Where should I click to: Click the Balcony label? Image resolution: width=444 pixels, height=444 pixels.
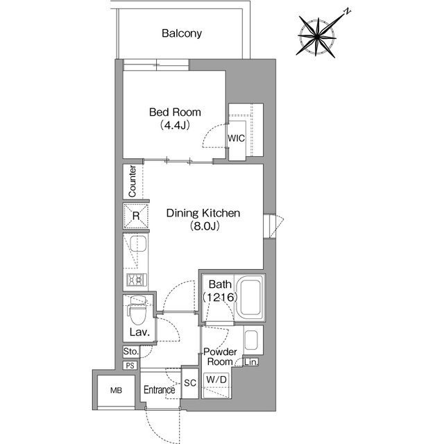(x=182, y=33)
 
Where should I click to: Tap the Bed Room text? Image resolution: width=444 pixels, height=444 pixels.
(x=175, y=112)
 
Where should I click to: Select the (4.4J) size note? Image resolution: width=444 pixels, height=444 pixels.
(x=175, y=125)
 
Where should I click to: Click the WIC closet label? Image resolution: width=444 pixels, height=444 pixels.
(x=237, y=138)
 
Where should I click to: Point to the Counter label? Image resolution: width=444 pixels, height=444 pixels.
(x=133, y=181)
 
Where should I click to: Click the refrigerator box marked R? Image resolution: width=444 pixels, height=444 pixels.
(x=136, y=216)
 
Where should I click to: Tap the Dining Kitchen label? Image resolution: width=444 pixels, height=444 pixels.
(x=203, y=213)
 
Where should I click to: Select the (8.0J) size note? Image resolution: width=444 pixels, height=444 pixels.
(x=205, y=225)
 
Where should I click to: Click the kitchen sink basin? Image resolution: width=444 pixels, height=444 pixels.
(x=138, y=244)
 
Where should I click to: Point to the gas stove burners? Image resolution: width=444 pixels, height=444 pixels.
(x=137, y=280)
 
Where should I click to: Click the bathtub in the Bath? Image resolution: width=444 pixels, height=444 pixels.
(x=250, y=298)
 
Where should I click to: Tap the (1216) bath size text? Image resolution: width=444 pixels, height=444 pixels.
(x=220, y=297)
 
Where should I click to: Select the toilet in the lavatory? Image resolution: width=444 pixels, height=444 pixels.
(x=138, y=310)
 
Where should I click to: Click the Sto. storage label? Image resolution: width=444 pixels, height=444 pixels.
(x=131, y=352)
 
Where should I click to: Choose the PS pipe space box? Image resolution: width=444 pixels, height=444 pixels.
(x=130, y=366)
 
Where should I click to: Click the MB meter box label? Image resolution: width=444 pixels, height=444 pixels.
(x=116, y=391)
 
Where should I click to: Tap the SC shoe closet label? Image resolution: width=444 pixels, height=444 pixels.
(x=190, y=383)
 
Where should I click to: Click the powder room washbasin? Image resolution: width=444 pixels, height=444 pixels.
(x=250, y=340)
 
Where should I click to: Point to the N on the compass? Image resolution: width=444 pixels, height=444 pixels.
(x=347, y=12)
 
